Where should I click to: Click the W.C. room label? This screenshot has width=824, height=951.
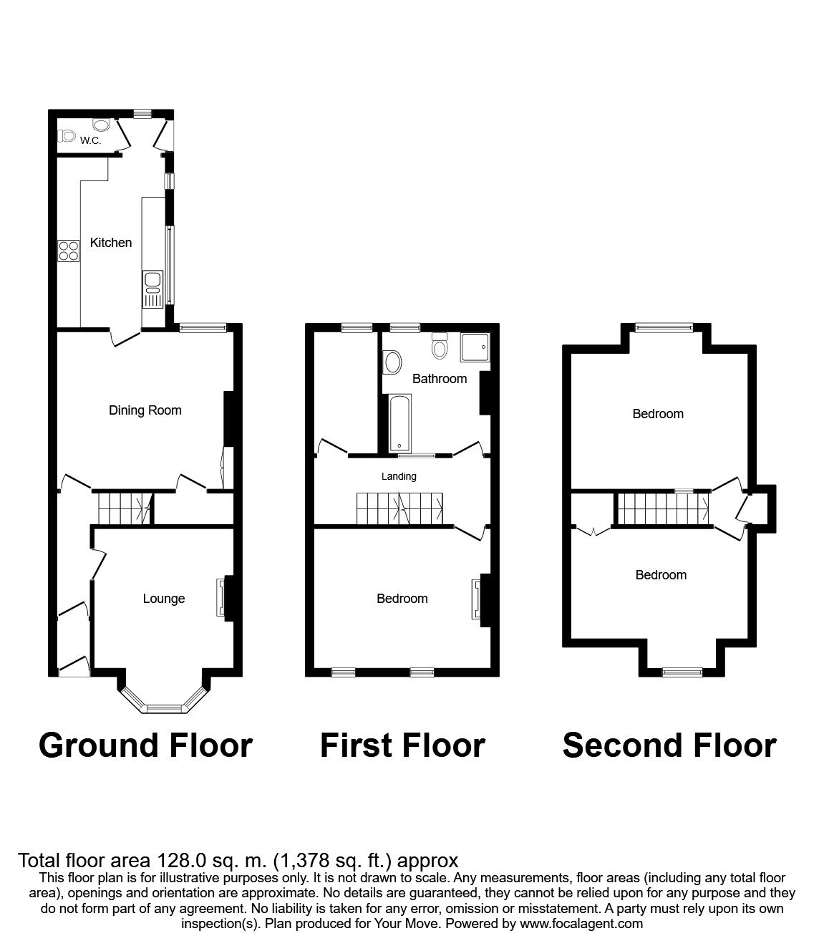pos(90,140)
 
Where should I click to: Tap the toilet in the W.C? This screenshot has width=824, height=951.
pos(67,135)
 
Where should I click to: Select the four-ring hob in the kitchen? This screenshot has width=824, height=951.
pos(69,251)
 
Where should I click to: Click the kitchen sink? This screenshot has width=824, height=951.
pos(153,288)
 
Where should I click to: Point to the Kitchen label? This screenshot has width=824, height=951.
pos(111,243)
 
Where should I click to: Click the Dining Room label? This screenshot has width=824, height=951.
pos(145,410)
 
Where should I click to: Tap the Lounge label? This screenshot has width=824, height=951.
pos(164,599)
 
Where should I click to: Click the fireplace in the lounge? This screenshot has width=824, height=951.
pos(222,598)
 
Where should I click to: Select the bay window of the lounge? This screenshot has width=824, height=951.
pos(164,705)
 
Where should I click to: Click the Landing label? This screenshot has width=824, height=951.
pos(399,476)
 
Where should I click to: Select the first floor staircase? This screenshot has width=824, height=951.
pos(399,508)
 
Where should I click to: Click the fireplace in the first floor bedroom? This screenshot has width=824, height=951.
pos(477,599)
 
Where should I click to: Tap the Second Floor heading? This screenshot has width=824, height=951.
pos(669,745)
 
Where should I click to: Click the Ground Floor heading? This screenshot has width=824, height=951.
pos(145,745)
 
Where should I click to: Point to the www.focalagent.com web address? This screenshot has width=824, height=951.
pos(581,924)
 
